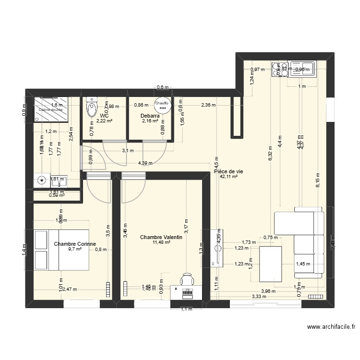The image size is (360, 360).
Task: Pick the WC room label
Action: [104, 116]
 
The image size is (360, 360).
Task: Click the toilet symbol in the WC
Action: [91, 108]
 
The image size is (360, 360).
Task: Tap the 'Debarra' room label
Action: [150, 116]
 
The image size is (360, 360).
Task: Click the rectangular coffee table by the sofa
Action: [270, 264]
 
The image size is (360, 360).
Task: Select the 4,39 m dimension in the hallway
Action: [145, 163]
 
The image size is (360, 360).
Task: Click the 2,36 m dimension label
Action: [208, 105]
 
